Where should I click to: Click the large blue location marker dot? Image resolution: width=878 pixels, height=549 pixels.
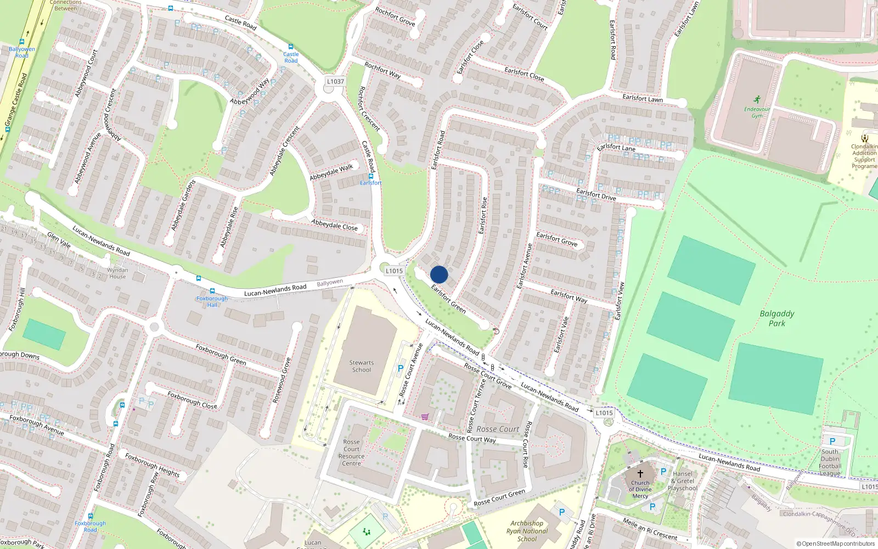(439, 274)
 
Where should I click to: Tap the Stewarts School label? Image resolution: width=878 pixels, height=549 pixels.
(361, 366)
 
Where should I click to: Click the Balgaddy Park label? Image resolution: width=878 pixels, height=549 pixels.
(776, 318)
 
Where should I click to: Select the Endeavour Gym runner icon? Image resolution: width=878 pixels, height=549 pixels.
(757, 99)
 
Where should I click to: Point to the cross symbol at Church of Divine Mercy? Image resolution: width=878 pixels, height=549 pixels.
(640, 473)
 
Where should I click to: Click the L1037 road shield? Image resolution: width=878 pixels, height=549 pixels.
(335, 81)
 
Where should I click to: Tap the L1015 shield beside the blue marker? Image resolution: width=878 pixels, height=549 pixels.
(394, 271)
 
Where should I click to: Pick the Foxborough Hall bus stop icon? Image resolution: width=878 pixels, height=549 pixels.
(212, 291)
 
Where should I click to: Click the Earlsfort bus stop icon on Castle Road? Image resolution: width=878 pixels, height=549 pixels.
(371, 176)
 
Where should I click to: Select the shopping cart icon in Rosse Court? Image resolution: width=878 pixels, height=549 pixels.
(425, 417)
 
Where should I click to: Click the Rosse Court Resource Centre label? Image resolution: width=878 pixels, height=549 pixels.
(351, 452)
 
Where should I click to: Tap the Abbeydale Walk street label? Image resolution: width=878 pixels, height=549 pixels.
(331, 172)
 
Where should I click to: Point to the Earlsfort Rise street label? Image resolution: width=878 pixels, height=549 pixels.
(483, 216)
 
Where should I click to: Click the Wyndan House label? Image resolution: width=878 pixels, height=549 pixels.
(117, 273)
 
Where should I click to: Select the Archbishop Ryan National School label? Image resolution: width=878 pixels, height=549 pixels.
(527, 531)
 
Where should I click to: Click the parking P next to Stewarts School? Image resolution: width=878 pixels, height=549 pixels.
(401, 368)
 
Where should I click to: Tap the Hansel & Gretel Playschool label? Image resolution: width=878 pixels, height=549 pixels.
(683, 481)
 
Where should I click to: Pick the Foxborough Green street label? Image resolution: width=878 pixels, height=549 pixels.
(221, 354)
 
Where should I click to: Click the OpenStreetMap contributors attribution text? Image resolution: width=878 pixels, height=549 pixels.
(835, 544)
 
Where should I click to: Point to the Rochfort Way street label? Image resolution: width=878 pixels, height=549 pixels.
(382, 70)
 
